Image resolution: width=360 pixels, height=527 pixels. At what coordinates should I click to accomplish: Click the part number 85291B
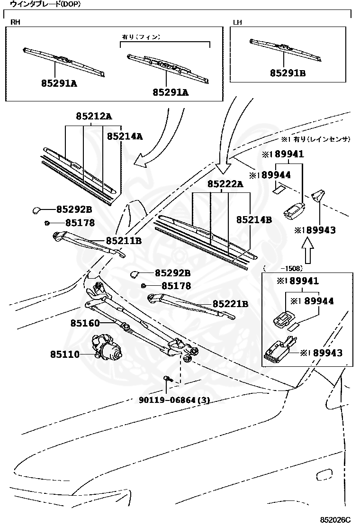click(x=288, y=73)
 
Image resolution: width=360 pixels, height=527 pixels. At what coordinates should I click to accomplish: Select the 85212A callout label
click(x=94, y=117)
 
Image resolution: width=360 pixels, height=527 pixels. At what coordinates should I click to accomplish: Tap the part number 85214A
click(x=125, y=136)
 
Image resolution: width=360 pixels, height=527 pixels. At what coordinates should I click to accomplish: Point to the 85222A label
click(x=225, y=184)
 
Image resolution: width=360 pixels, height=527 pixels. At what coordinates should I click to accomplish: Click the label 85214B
click(x=254, y=220)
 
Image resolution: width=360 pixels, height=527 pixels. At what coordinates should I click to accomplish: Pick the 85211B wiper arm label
click(x=124, y=241)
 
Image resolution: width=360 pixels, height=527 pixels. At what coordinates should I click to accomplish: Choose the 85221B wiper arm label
click(x=230, y=304)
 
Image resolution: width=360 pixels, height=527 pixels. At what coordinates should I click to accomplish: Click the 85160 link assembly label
click(x=85, y=323)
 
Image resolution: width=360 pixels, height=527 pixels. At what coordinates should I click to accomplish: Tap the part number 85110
click(x=65, y=354)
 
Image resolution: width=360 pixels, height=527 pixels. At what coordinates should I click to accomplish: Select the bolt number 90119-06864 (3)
click(x=174, y=400)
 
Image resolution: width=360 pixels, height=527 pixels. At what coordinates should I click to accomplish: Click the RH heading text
click(x=15, y=22)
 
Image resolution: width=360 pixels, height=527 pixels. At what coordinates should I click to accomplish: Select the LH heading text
click(x=238, y=22)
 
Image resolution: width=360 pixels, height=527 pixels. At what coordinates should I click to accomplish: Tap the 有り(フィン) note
click(x=141, y=36)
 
